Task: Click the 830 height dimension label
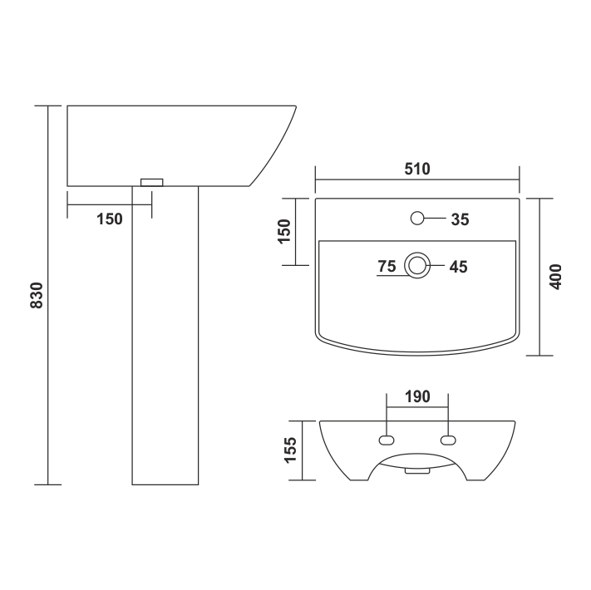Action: pyautogui.click(x=37, y=295)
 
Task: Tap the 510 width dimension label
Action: pyautogui.click(x=417, y=170)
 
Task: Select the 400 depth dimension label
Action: pyautogui.click(x=555, y=277)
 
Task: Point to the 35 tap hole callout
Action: pyautogui.click(x=460, y=219)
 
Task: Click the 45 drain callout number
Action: pyautogui.click(x=458, y=267)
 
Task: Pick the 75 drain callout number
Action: pyautogui.click(x=387, y=267)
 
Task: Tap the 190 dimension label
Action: pyautogui.click(x=417, y=396)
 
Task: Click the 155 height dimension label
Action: pyautogui.click(x=291, y=450)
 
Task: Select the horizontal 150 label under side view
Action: pyautogui.click(x=110, y=219)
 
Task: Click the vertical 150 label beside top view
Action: pyautogui.click(x=284, y=231)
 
